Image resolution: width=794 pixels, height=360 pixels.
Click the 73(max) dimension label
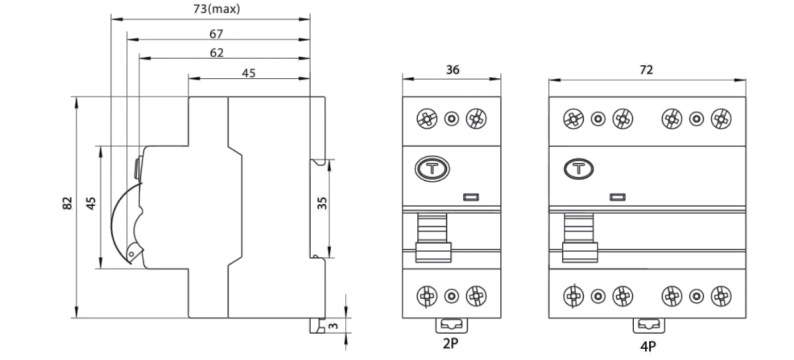[x=217, y=10]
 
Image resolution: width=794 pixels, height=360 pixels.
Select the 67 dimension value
[x=216, y=34]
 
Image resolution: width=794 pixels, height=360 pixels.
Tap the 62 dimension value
[x=217, y=53]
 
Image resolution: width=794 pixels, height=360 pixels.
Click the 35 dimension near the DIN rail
[x=323, y=204]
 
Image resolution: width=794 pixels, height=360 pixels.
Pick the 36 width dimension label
[x=452, y=70]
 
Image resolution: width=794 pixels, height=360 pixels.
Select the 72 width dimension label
[x=646, y=70]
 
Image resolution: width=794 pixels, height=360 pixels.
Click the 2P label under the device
[x=451, y=344]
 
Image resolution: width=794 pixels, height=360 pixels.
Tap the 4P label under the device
[x=648, y=346]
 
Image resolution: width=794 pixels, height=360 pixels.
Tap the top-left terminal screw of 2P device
[x=426, y=119]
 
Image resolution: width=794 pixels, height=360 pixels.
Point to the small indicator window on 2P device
[x=472, y=196]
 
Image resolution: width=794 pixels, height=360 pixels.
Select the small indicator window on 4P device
[x=617, y=196]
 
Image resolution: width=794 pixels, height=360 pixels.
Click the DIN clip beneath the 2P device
[x=452, y=325]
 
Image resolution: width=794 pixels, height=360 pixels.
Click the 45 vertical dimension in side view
[x=91, y=204]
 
